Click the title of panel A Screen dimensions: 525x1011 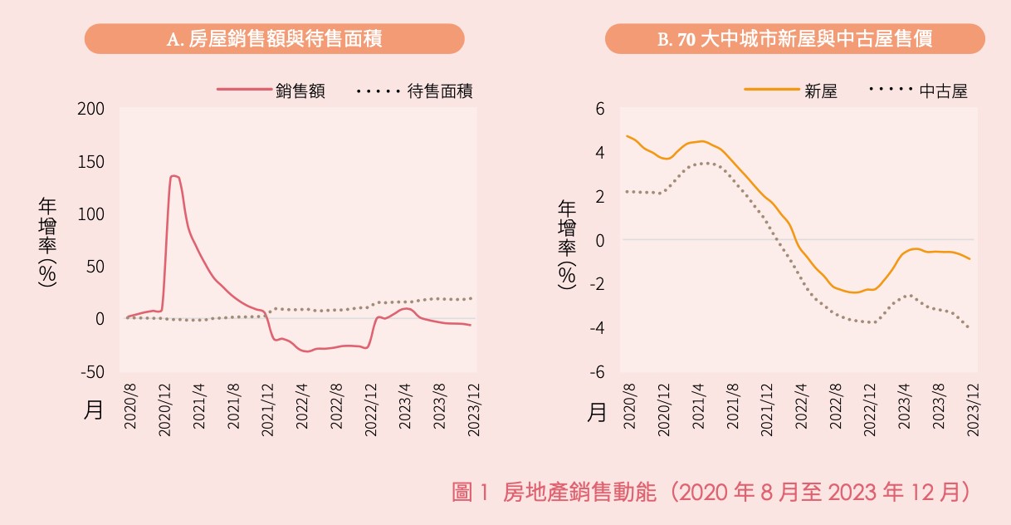click(274, 39)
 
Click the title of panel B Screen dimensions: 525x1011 click(794, 39)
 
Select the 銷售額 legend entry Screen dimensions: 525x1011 click(300, 91)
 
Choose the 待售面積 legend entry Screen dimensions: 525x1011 click(441, 91)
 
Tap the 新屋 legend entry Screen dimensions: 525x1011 click(821, 91)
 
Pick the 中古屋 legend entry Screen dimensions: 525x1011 click(944, 91)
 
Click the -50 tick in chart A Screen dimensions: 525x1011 click(93, 372)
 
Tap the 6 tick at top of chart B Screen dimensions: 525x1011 click(600, 109)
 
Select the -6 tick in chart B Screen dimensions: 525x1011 click(598, 372)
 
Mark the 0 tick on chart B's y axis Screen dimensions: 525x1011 click(600, 241)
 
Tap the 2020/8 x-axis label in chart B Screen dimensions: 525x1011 click(629, 406)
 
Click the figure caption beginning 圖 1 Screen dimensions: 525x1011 click(711, 492)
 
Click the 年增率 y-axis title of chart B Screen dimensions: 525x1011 click(567, 245)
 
